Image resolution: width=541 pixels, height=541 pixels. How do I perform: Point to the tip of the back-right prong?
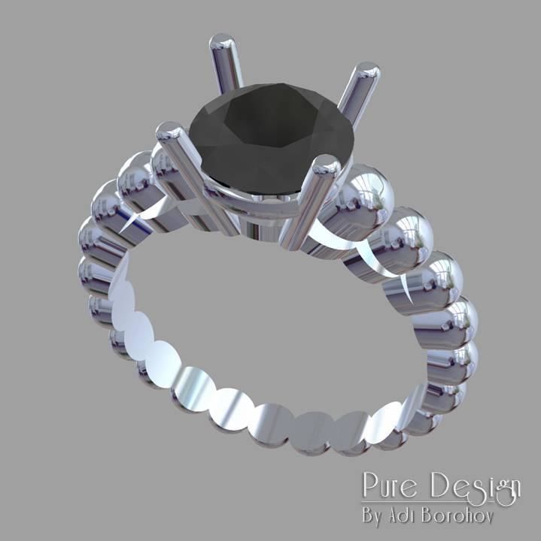click(x=368, y=74)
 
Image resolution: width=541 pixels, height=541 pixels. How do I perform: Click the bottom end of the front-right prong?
click(x=293, y=240)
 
